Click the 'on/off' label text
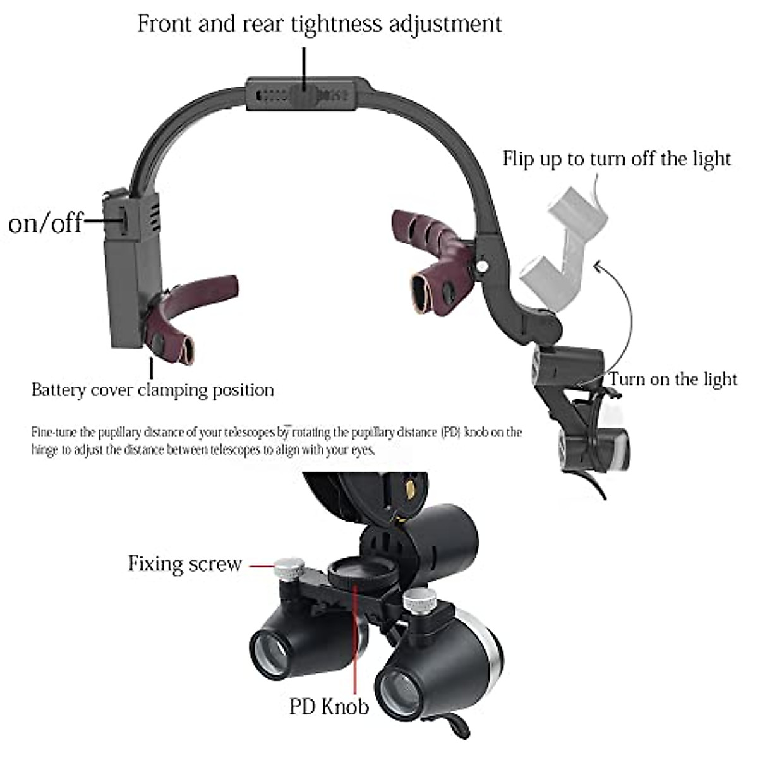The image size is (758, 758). point(45,222)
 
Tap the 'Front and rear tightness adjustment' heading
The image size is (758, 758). point(320,24)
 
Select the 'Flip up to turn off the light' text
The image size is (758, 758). point(617,158)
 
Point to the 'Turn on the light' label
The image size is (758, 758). point(673,379)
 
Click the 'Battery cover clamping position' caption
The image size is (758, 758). point(153,390)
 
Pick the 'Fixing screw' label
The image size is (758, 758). point(185,563)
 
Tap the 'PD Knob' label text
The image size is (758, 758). point(329,706)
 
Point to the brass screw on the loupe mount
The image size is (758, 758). point(411,487)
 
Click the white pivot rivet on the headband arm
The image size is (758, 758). point(483,267)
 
